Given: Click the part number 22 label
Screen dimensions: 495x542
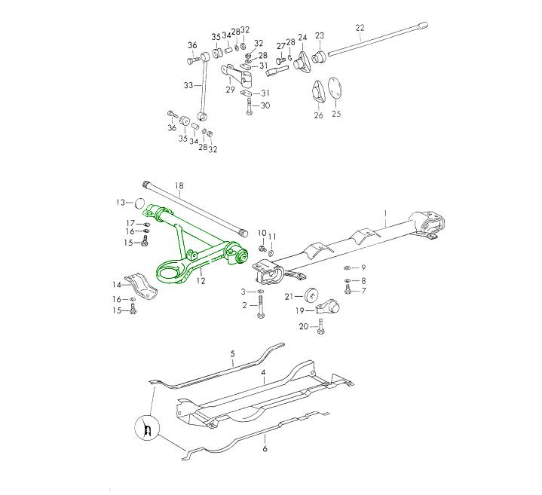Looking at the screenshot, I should (360, 28).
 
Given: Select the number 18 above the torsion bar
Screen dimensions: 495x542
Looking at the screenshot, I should (179, 185).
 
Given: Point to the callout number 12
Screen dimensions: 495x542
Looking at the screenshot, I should (201, 280).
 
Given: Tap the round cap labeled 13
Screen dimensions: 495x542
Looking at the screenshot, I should (139, 203).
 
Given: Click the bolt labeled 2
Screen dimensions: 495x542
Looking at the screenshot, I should (261, 308).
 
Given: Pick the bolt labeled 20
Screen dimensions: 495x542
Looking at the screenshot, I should (320, 325).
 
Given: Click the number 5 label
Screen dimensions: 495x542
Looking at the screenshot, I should (233, 353).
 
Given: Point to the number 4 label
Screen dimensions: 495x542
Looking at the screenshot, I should (263, 373).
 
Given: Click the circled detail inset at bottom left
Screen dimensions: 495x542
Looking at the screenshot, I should (149, 431).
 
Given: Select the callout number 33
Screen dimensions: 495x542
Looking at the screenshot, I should (188, 85).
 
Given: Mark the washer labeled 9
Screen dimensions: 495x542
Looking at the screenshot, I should (345, 268).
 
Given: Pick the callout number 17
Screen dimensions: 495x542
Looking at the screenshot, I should (130, 222).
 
